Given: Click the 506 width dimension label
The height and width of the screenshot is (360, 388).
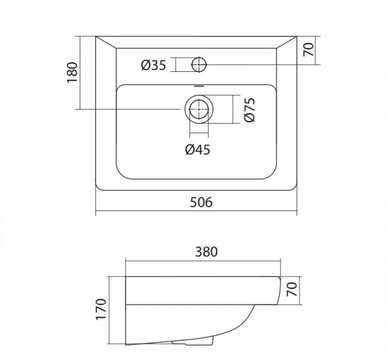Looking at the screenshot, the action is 201,202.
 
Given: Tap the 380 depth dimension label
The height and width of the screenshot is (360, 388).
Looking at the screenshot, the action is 206,252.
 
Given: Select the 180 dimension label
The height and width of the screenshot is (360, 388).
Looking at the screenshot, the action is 72,73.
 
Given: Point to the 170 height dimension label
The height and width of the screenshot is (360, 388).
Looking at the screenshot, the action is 101,309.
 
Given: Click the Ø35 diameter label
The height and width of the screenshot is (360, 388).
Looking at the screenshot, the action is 153,65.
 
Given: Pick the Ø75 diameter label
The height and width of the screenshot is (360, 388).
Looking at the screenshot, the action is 250,110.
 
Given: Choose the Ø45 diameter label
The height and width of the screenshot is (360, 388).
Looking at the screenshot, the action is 197,150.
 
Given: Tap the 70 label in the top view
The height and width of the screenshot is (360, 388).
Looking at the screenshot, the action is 308,50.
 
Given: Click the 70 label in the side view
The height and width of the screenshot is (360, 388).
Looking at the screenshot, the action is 292,289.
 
